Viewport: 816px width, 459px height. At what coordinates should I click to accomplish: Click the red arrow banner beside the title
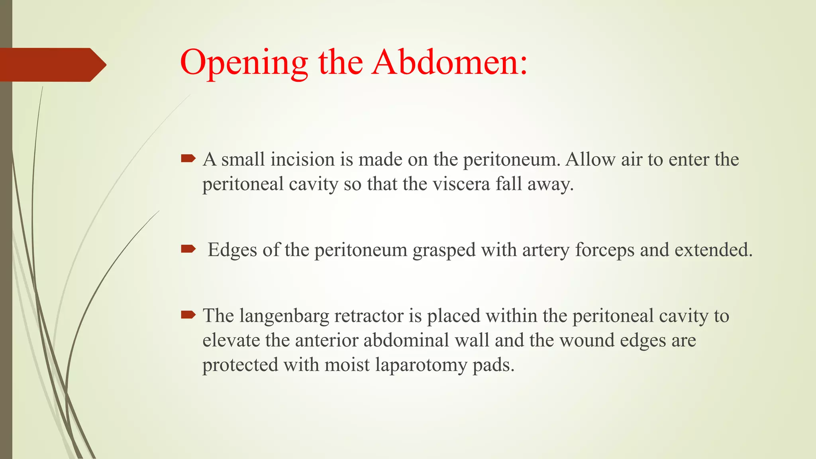pos(52,65)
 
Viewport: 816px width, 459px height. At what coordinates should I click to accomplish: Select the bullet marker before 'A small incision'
pos(188,159)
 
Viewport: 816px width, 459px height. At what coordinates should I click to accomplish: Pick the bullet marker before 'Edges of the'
pos(188,249)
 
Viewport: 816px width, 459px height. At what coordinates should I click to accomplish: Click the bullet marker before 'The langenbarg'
pos(188,315)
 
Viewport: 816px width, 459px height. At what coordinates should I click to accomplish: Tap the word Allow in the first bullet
pos(590,160)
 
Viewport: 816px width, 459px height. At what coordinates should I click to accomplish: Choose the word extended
pos(713,250)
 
